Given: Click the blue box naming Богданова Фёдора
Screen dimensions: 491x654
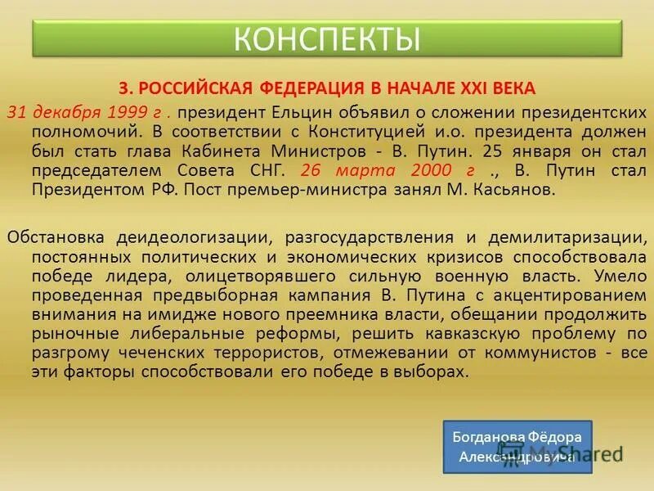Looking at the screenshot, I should [x=517, y=447].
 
